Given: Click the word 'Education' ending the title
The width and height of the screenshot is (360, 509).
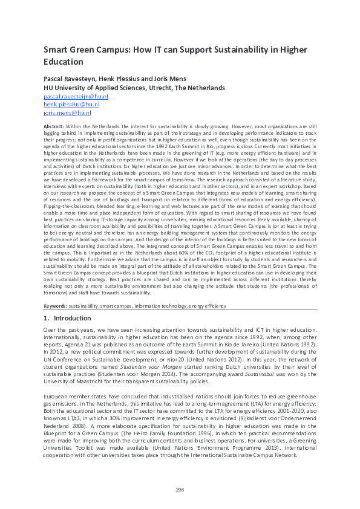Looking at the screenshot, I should click(64, 62).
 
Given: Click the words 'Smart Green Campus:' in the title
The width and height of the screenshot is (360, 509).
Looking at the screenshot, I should click(88, 50).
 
